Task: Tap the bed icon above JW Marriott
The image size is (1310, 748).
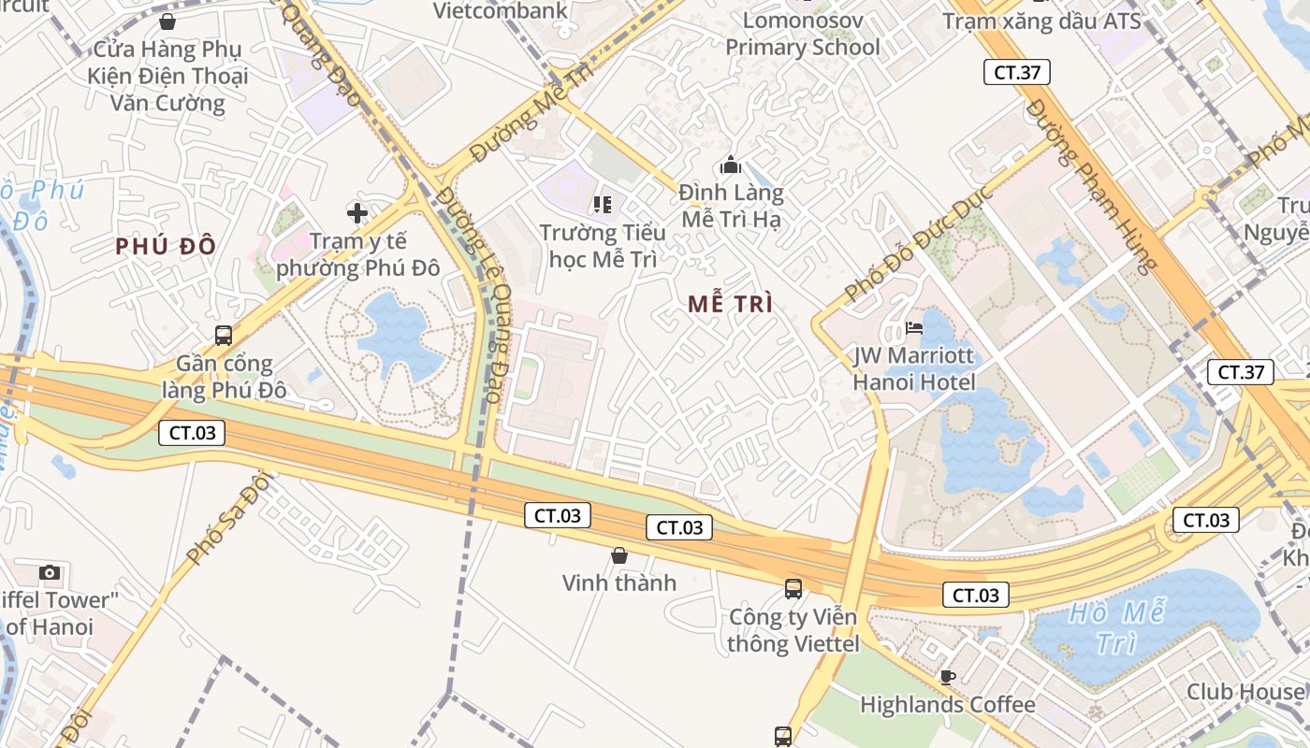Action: (x=914, y=328)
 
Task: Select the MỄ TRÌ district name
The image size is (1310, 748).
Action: (x=730, y=304)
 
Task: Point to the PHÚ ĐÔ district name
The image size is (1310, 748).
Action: (x=167, y=247)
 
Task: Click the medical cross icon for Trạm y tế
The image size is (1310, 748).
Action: (x=357, y=213)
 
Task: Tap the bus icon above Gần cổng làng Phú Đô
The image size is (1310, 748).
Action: (x=224, y=335)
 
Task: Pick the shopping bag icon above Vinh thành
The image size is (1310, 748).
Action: (x=619, y=555)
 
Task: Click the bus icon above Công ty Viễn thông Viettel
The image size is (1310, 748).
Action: (x=793, y=589)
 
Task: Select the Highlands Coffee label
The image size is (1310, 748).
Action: (x=947, y=704)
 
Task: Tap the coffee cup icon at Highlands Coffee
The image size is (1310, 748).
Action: (x=947, y=676)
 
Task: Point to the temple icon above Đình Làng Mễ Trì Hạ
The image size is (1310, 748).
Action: (x=731, y=166)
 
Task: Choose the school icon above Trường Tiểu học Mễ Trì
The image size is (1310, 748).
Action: (x=603, y=204)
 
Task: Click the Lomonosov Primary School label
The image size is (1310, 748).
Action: (x=803, y=34)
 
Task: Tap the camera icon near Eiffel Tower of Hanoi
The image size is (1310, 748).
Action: (x=50, y=572)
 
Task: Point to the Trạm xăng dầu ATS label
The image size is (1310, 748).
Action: (x=1041, y=21)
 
